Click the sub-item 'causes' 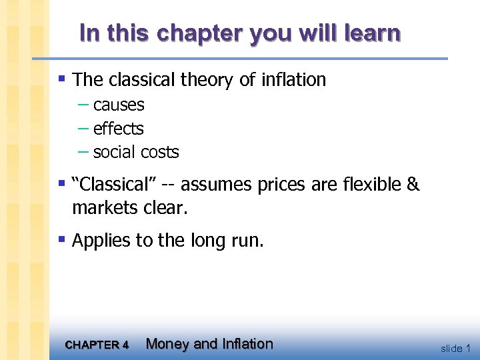point(119,105)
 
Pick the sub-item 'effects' point(118,128)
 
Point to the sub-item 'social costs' point(136,152)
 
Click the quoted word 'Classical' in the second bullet point(113,185)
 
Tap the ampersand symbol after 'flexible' point(413,185)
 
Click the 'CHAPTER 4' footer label point(97,345)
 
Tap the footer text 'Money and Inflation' point(209,344)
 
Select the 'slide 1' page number point(456,348)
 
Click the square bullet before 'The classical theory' point(63,79)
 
